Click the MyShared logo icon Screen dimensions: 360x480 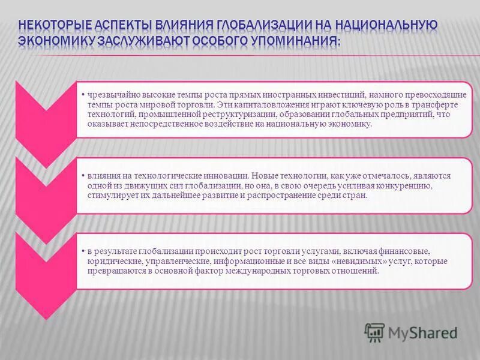pos(374,332)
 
